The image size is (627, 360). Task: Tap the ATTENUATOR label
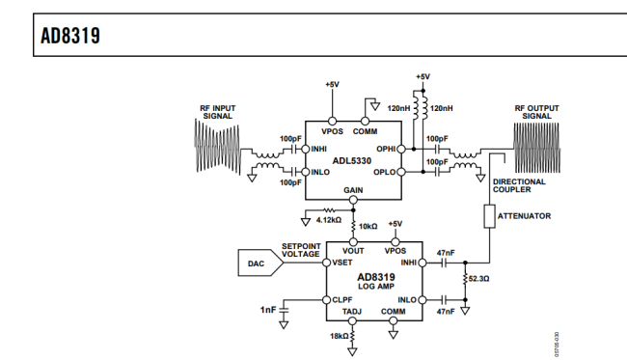tap(525, 216)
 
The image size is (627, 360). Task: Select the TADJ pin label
tap(353, 313)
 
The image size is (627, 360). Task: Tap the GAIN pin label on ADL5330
tap(353, 191)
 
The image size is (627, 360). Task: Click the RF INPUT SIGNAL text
tap(218, 110)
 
